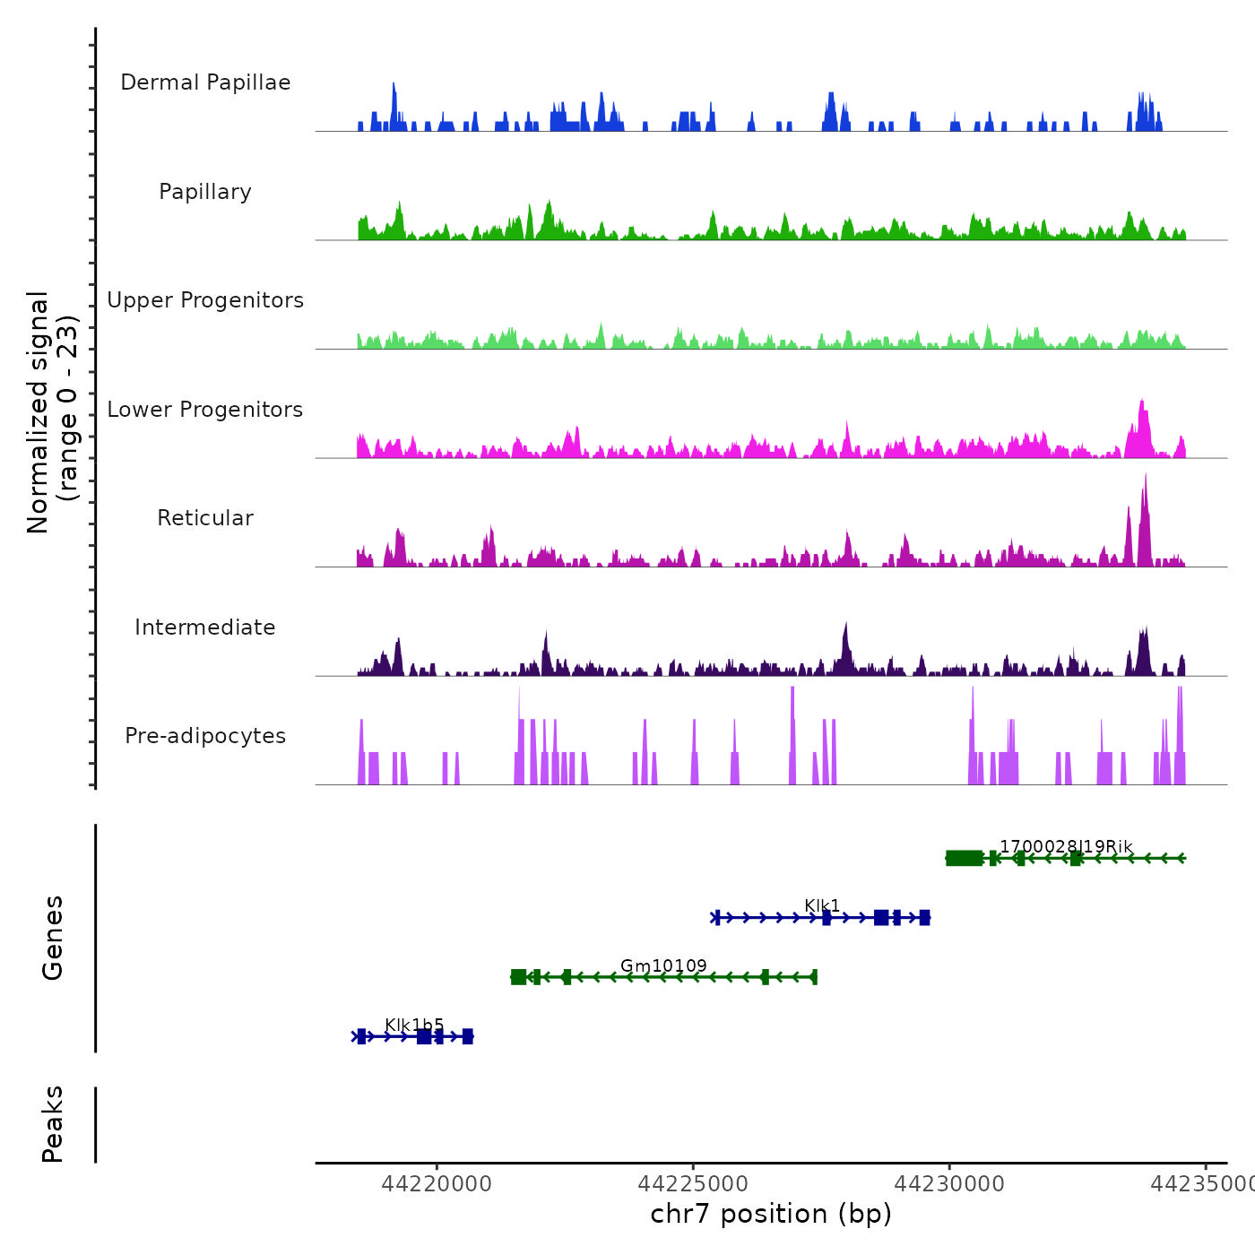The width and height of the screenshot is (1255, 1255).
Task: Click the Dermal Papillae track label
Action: (205, 82)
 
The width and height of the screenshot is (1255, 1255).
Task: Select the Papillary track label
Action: (205, 192)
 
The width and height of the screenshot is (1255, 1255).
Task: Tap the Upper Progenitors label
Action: (205, 300)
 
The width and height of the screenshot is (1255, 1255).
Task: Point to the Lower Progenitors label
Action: (205, 410)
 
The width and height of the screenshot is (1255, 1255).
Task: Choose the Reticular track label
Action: (205, 518)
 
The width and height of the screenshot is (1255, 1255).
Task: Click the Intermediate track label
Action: (205, 627)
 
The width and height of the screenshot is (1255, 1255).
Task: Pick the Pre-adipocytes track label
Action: (205, 736)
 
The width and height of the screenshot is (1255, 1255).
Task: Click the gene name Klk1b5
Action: (414, 1025)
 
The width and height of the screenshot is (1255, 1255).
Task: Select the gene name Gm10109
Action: (663, 965)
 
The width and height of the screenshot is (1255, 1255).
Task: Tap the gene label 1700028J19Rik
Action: (1066, 846)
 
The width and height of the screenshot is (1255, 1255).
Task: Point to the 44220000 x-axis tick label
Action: (437, 1184)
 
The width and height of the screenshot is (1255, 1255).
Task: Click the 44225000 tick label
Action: (693, 1184)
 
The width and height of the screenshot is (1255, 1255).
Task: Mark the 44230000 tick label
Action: (949, 1184)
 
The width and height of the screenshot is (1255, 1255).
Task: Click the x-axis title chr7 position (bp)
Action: (771, 1214)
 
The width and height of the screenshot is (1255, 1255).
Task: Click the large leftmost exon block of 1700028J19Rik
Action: (964, 858)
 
